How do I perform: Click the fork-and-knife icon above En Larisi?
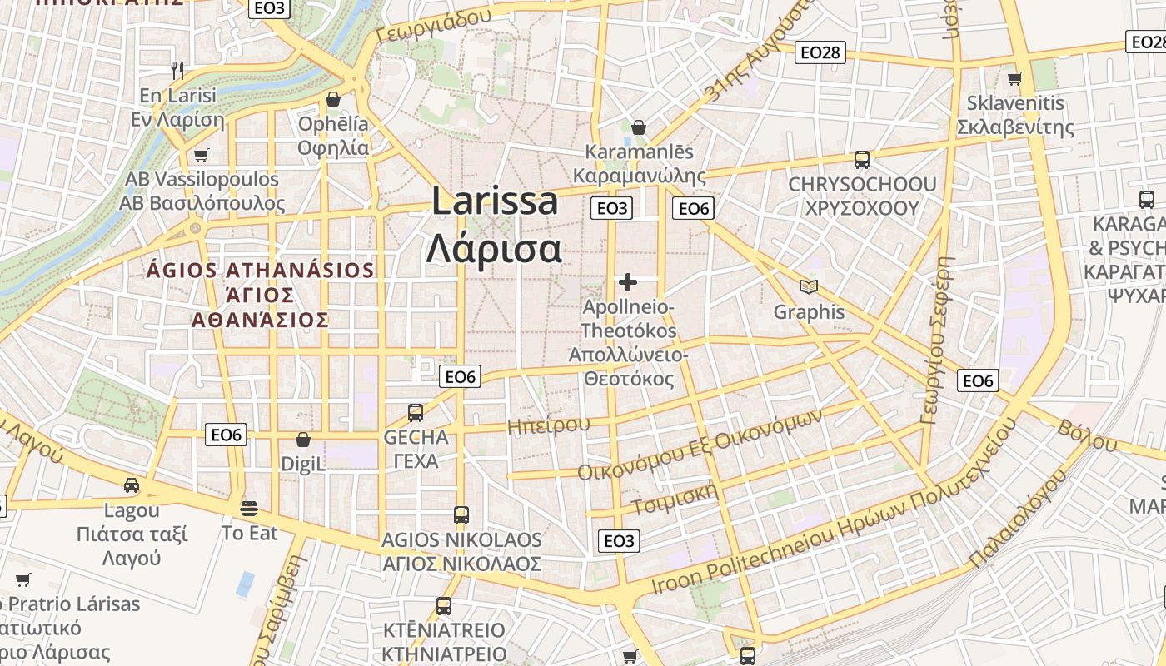click(177, 70)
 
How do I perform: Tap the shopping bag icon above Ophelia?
click(333, 99)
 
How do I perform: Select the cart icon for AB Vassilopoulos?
click(201, 155)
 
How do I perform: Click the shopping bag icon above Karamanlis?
click(639, 127)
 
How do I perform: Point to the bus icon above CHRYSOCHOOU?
click(862, 159)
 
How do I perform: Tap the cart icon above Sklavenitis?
click(1014, 79)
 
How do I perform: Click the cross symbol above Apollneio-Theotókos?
click(628, 282)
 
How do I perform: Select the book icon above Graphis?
click(808, 286)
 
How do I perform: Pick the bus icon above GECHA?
click(415, 412)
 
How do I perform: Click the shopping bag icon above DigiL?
click(303, 439)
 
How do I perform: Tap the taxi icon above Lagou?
click(132, 485)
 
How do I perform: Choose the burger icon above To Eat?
click(248, 507)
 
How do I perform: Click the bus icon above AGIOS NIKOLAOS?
click(461, 514)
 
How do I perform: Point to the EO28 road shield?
click(820, 53)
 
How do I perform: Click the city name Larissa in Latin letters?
click(495, 202)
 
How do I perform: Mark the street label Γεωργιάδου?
click(433, 27)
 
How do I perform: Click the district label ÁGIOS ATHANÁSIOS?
click(261, 270)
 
